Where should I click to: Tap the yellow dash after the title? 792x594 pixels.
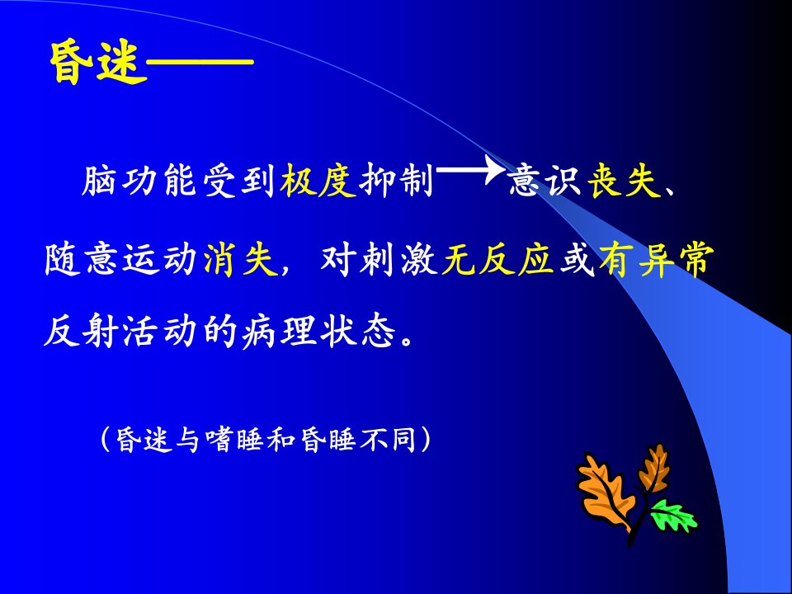(x=200, y=62)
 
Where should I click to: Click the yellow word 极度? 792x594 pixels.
(x=318, y=180)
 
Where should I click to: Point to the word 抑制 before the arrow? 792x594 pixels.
(x=397, y=180)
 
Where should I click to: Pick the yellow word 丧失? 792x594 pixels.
(x=625, y=180)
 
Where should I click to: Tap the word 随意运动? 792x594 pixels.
(x=120, y=260)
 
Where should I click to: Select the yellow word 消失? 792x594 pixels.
(x=241, y=260)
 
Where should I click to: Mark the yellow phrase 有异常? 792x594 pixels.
(x=657, y=260)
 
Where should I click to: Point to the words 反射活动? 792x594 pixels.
(x=120, y=332)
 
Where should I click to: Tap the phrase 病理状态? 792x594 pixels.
(x=318, y=332)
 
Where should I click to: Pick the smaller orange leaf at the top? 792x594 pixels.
(x=654, y=469)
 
